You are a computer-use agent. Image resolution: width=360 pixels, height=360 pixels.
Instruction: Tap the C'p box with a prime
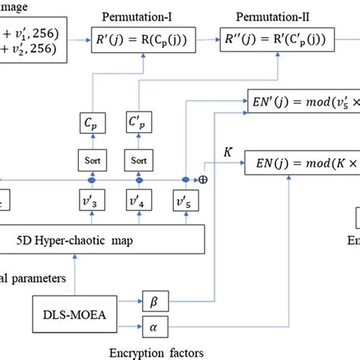click(x=140, y=122)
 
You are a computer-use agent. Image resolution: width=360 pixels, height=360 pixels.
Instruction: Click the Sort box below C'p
click(x=140, y=161)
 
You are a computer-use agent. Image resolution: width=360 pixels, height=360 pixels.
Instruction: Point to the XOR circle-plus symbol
click(x=203, y=180)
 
